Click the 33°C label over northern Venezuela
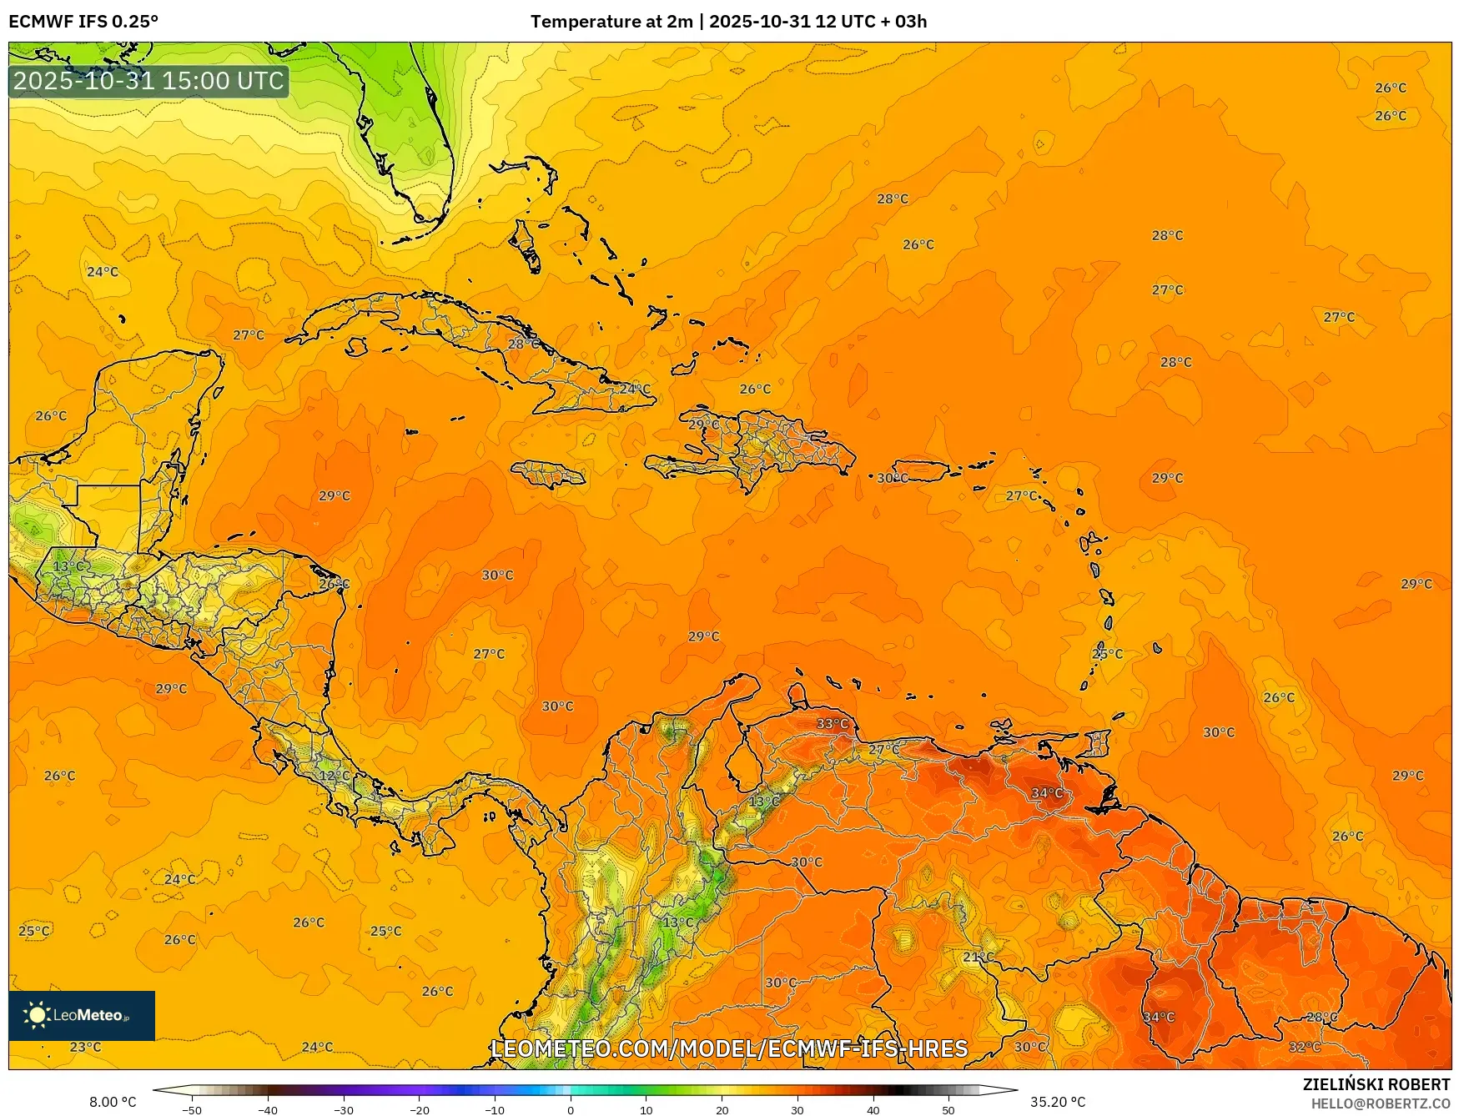(x=832, y=723)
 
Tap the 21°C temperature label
(x=979, y=957)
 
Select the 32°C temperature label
(x=1305, y=1047)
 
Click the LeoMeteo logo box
(x=82, y=1015)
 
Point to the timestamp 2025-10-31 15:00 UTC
(x=148, y=81)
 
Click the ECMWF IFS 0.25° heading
(x=83, y=22)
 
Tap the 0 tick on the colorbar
(x=571, y=1109)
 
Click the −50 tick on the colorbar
(x=191, y=1109)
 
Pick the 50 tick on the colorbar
(x=948, y=1109)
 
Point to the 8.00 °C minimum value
(x=113, y=1102)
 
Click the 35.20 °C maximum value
(x=1058, y=1102)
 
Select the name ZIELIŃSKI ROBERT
(x=1376, y=1084)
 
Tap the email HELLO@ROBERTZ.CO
(x=1381, y=1103)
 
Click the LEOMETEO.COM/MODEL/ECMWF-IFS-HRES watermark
(x=729, y=1048)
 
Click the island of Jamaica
(x=548, y=475)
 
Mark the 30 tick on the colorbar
(x=797, y=1109)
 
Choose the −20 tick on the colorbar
(x=419, y=1109)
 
